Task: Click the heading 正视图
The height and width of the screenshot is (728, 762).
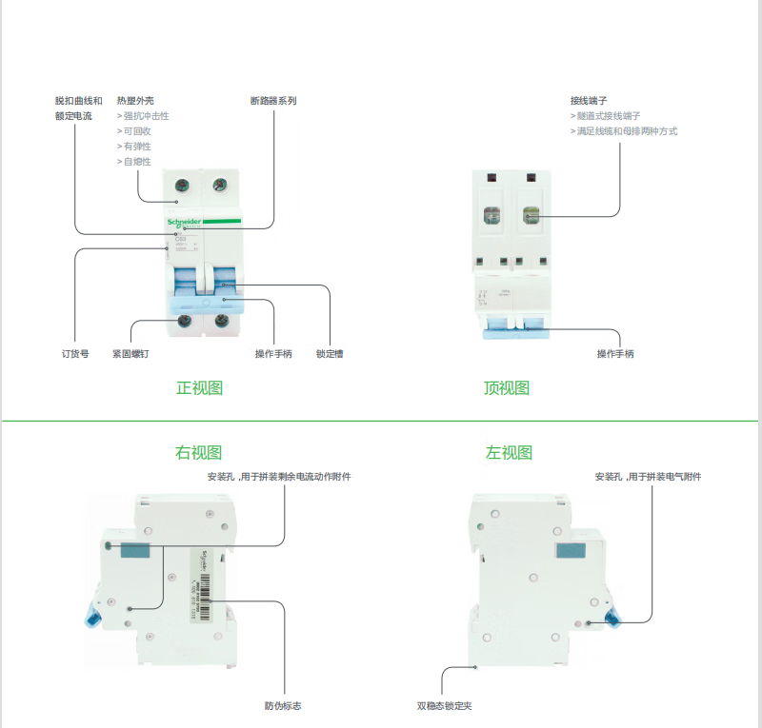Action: click(x=199, y=388)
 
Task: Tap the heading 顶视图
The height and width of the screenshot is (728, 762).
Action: click(x=506, y=388)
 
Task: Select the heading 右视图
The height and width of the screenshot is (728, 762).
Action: click(x=199, y=453)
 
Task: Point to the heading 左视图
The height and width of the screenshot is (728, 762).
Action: click(x=510, y=453)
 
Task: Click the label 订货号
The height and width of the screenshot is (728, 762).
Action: click(x=75, y=354)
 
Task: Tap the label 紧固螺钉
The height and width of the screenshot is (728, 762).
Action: click(x=130, y=354)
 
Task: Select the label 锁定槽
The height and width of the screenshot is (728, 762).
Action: click(x=330, y=354)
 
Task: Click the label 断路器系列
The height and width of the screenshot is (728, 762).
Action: click(x=273, y=100)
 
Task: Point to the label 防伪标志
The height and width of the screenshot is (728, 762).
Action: click(x=284, y=706)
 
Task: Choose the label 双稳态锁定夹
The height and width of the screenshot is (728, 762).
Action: click(x=445, y=706)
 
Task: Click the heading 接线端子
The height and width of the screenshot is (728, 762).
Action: click(x=589, y=100)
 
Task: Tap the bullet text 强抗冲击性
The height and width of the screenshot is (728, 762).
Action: click(x=146, y=116)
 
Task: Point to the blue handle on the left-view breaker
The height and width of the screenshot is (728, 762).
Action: click(x=611, y=615)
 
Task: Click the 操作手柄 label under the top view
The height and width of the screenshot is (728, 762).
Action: click(x=615, y=354)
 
